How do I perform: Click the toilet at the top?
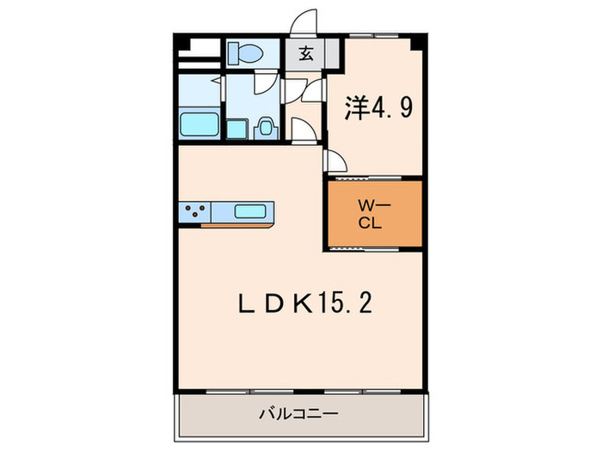coord(245,54)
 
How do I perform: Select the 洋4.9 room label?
coord(381,107)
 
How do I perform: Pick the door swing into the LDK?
coord(336,160)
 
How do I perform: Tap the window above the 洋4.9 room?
coord(374,37)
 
